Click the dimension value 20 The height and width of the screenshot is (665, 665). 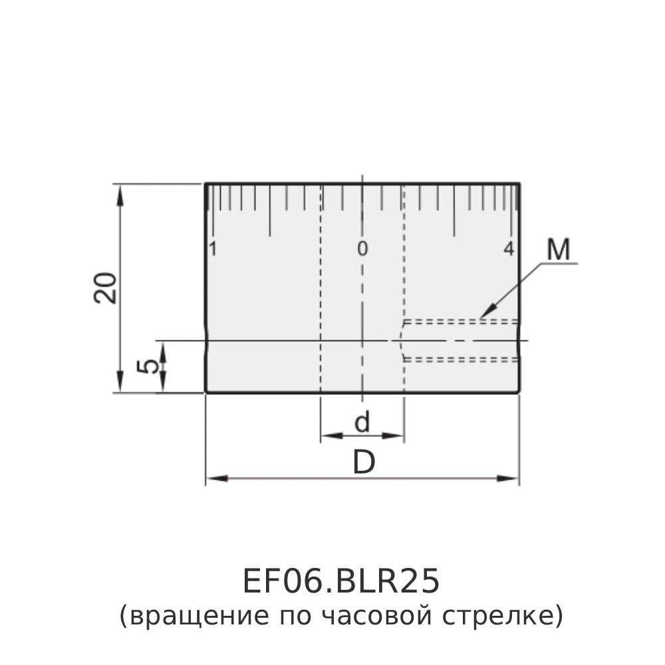(106, 287)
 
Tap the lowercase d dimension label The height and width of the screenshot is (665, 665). (362, 422)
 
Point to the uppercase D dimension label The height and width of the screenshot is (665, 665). (363, 463)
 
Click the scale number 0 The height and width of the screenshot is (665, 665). (362, 249)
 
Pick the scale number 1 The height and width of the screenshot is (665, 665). (213, 249)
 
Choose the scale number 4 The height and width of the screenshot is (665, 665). (509, 249)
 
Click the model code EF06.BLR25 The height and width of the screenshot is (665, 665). (340, 581)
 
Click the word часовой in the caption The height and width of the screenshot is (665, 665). (376, 616)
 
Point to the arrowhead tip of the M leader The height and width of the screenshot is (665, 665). (481, 317)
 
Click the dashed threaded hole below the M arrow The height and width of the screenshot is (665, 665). (459, 340)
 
